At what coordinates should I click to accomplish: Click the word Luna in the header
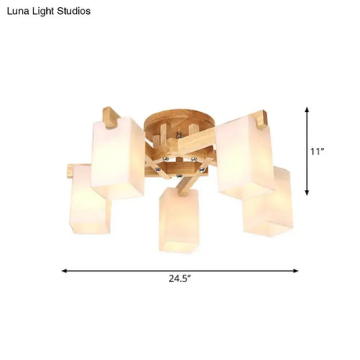tap(17, 12)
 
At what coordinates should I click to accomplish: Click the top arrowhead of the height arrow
tap(307, 110)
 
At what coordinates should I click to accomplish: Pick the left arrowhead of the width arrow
tap(64, 271)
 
